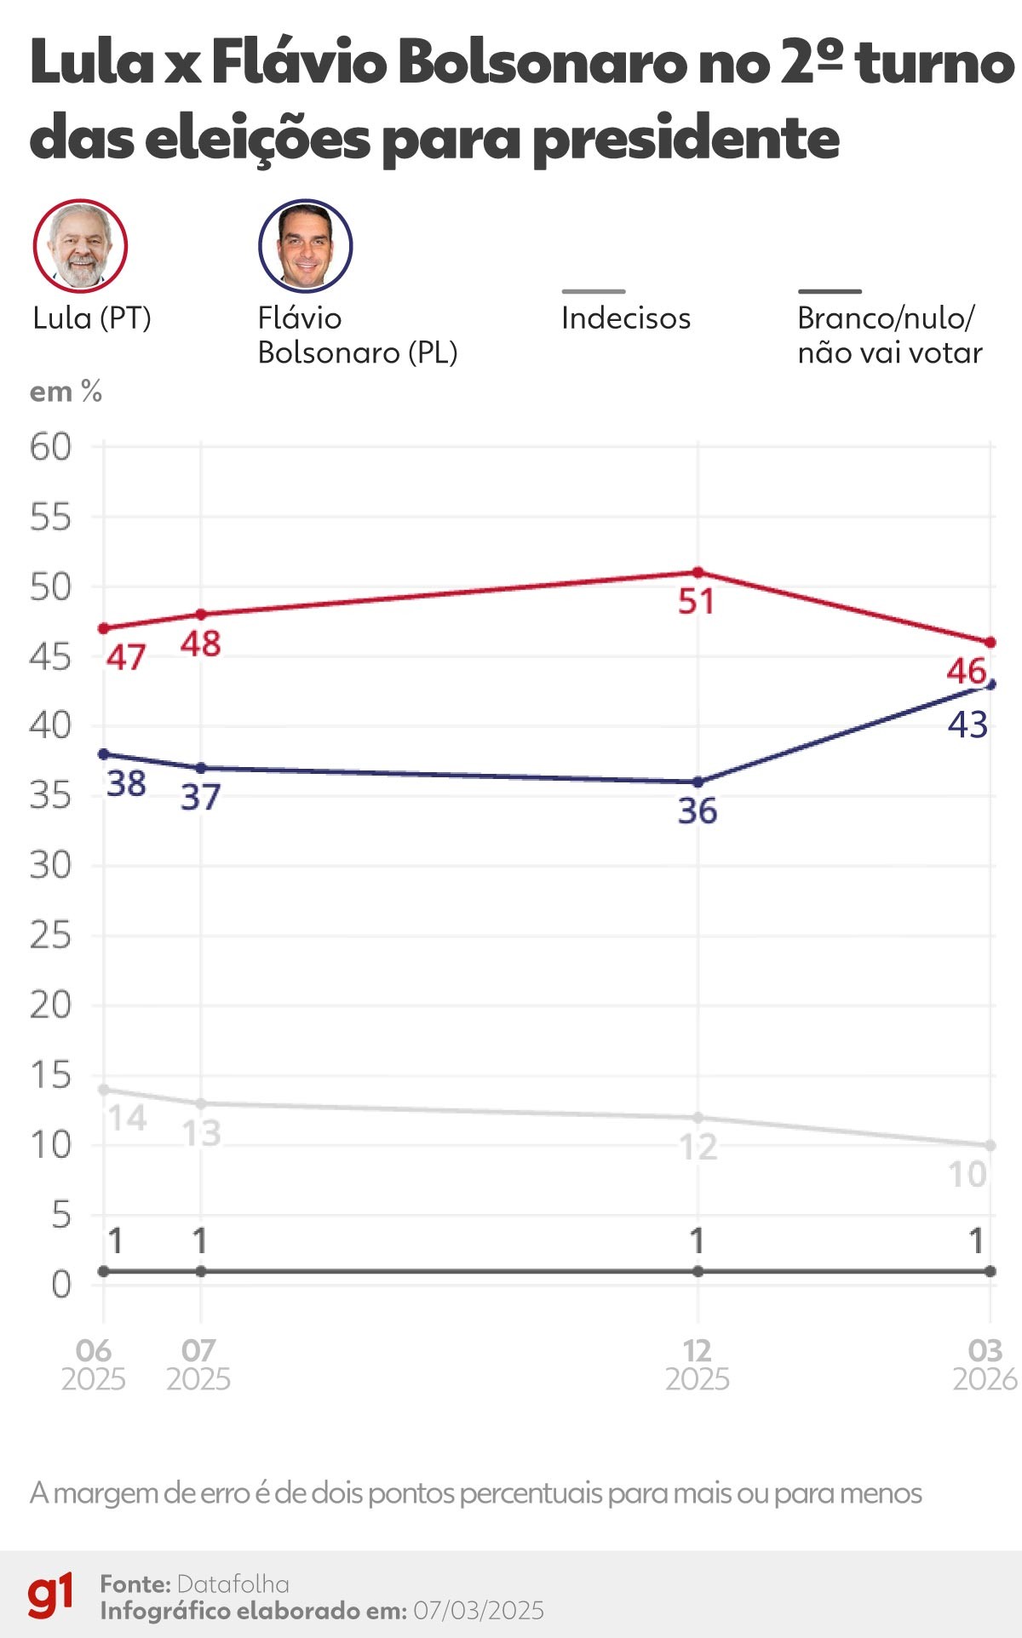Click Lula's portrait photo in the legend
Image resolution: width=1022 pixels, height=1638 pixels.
tap(80, 246)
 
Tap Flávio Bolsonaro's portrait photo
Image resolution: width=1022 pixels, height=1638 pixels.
tap(305, 246)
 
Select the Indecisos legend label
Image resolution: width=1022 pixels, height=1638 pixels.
tap(625, 318)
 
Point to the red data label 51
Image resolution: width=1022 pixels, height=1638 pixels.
tap(696, 602)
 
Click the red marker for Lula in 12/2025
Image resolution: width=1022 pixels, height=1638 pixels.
tap(698, 572)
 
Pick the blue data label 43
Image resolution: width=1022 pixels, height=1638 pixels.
tap(967, 725)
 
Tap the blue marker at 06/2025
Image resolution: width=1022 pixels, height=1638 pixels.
tap(104, 754)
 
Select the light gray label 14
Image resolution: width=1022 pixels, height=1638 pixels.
tap(127, 1118)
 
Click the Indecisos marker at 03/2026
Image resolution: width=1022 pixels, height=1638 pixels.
tap(990, 1146)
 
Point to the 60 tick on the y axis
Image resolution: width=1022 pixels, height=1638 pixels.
tap(51, 447)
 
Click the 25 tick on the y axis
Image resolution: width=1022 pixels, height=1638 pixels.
tap(51, 936)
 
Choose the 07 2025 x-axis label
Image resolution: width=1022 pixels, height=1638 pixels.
tap(198, 1365)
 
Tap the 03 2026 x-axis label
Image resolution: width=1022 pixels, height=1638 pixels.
tap(985, 1365)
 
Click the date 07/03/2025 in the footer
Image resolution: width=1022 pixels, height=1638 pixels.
tap(478, 1611)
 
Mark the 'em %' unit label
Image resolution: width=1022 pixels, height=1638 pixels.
tap(66, 392)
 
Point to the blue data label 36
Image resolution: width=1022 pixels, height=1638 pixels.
tap(698, 811)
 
